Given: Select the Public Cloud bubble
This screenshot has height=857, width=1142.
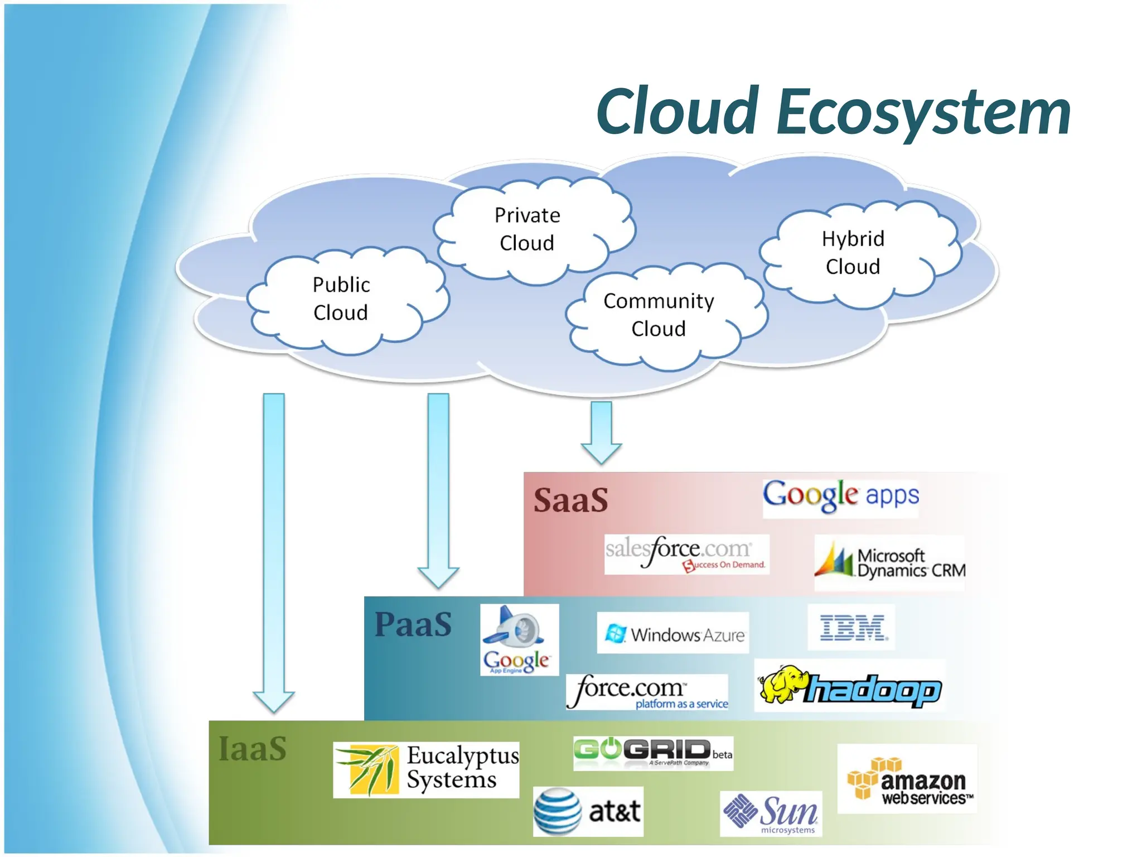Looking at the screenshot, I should tap(341, 299).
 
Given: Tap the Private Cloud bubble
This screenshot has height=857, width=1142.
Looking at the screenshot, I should tap(528, 229).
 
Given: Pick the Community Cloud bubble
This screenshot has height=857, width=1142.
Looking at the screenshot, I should tap(659, 315).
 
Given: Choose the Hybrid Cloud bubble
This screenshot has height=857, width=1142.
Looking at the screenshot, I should tap(853, 253).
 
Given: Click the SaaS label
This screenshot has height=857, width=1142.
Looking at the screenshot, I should tap(570, 500).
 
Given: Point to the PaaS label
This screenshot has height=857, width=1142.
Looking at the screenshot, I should tap(413, 624).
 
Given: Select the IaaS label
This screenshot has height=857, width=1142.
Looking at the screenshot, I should tap(253, 749).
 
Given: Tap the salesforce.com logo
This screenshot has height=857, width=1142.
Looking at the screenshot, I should tap(686, 553).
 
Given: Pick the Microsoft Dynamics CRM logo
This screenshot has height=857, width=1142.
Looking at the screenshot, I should tap(889, 562).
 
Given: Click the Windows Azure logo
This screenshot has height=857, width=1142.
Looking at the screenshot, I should tap(673, 633).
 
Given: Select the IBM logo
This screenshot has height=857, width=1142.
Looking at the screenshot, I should tap(851, 628).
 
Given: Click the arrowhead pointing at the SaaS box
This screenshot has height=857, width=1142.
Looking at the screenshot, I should tap(601, 453).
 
